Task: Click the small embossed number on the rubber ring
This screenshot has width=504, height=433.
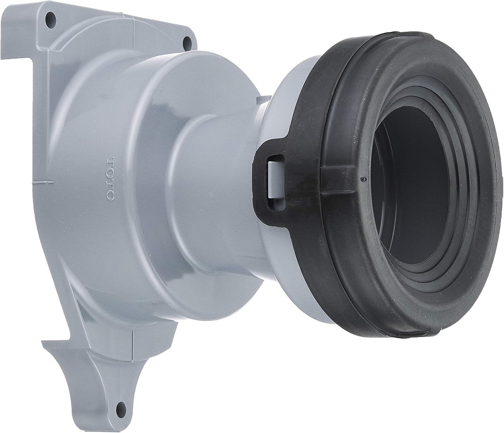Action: click(x=363, y=179)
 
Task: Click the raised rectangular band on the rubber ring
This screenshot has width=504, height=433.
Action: click(x=336, y=180)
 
